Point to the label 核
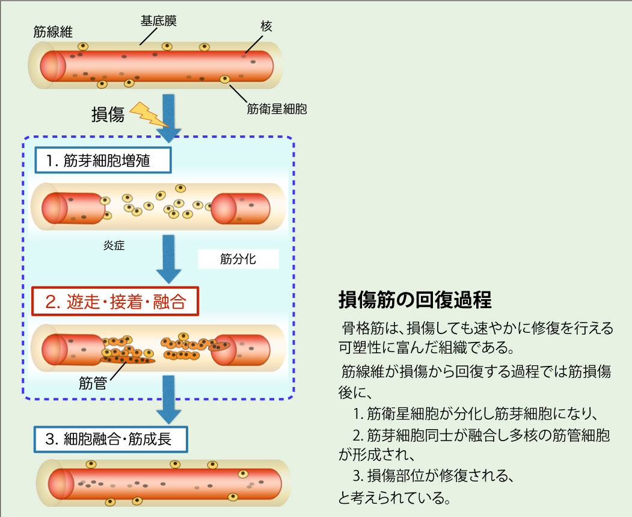(x=266, y=26)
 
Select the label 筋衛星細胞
(x=277, y=109)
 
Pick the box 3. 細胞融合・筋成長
(x=110, y=439)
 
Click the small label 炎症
(x=114, y=246)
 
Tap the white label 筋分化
(x=238, y=259)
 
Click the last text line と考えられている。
(x=394, y=497)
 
